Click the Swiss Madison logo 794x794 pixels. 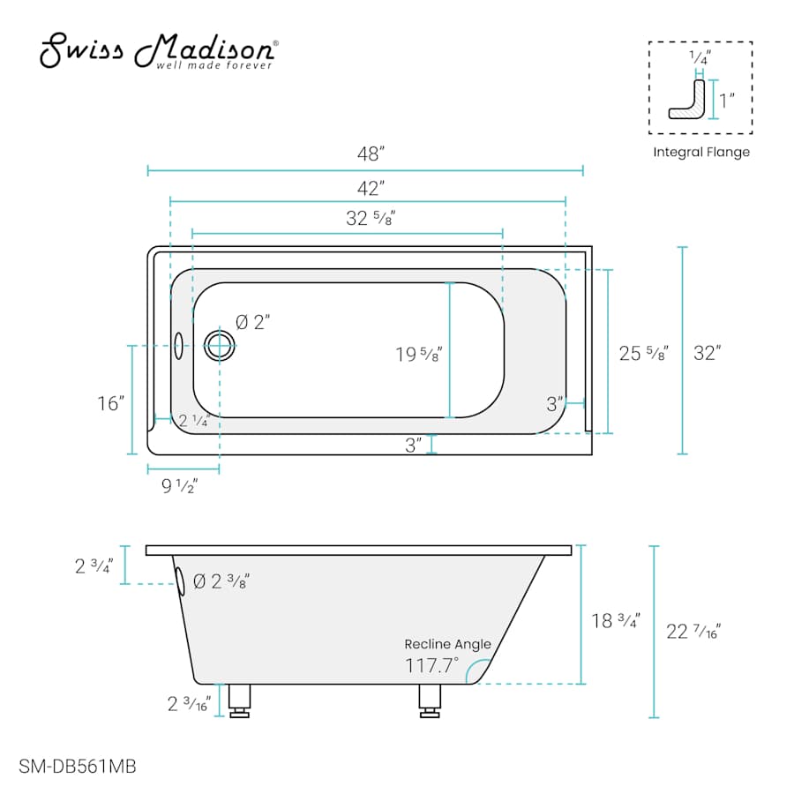[159, 51]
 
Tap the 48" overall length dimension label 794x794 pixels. [371, 154]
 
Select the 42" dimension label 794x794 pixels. [371, 189]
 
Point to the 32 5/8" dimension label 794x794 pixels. [371, 218]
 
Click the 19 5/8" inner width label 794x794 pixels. [419, 354]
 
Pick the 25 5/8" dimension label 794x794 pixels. [644, 353]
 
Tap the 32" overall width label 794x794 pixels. [708, 353]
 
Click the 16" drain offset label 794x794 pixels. [111, 403]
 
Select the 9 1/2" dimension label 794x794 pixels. [180, 486]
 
